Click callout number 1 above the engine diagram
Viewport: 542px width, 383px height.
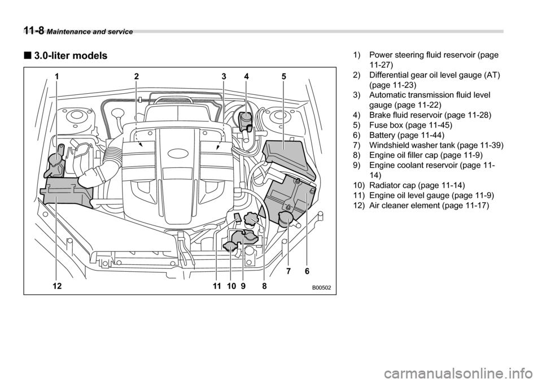[x=57, y=76]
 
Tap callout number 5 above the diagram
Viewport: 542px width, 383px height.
[x=283, y=76]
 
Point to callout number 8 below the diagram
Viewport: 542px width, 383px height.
[x=264, y=286]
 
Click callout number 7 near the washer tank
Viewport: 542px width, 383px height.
[x=288, y=272]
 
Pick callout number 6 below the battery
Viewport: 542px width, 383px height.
[x=307, y=272]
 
